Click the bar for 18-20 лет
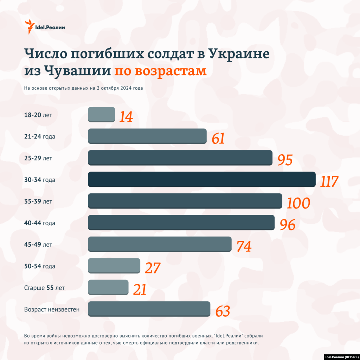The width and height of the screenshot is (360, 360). point(101,114)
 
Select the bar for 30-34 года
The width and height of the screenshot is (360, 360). point(201,179)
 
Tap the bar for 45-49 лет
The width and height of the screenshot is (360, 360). point(160,244)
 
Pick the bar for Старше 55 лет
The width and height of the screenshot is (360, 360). point(108,287)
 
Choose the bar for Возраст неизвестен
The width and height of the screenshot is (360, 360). point(149,309)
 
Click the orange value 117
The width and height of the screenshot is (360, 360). point(329,181)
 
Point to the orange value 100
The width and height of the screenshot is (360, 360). point(298,203)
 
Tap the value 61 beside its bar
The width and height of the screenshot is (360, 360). point(218,139)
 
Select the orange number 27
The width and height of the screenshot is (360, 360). point(153,268)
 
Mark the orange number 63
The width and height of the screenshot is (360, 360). point(223,311)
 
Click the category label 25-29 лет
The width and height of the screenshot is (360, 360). point(38,158)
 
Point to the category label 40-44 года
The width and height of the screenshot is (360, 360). point(40,223)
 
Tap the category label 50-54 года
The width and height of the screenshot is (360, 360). point(40,266)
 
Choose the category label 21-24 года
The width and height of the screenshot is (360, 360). point(40,136)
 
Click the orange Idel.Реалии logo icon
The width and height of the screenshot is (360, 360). point(30,27)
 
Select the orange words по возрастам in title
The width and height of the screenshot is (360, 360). point(160,71)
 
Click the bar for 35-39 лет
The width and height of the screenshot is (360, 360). point(185,201)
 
